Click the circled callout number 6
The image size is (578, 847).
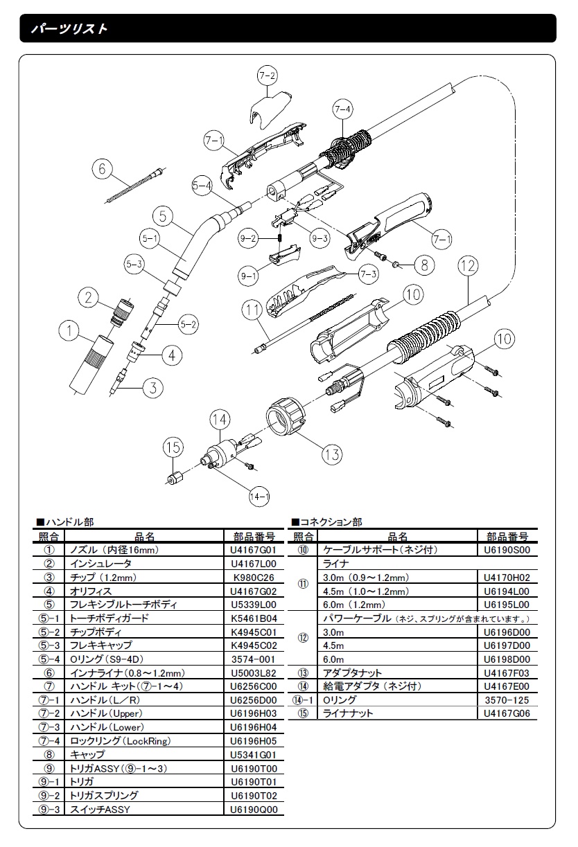pyautogui.click(x=102, y=169)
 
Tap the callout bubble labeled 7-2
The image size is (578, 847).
pyautogui.click(x=268, y=75)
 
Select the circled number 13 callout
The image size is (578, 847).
pyautogui.click(x=332, y=454)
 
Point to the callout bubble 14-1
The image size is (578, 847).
pyautogui.click(x=259, y=496)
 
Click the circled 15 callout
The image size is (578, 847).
pyautogui.click(x=173, y=447)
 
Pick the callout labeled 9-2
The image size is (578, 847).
pyautogui.click(x=248, y=238)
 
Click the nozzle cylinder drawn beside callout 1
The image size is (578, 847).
pyautogui.click(x=92, y=364)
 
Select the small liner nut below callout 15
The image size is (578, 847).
pyautogui.click(x=174, y=479)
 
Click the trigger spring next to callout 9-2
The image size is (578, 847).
pyautogui.click(x=280, y=238)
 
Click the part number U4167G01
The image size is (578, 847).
pyautogui.click(x=254, y=550)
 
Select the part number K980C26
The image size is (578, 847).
pyautogui.click(x=254, y=578)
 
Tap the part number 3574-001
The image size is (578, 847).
pyautogui.click(x=253, y=659)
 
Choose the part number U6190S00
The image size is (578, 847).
pyautogui.click(x=507, y=550)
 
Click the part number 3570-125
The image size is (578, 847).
pyautogui.click(x=507, y=700)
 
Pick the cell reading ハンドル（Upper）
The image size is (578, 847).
pyautogui.click(x=106, y=713)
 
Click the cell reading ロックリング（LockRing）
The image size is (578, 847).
pyautogui.click(x=121, y=741)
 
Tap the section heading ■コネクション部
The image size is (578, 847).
pyautogui.click(x=327, y=522)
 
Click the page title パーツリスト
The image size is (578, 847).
pyautogui.click(x=69, y=28)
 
